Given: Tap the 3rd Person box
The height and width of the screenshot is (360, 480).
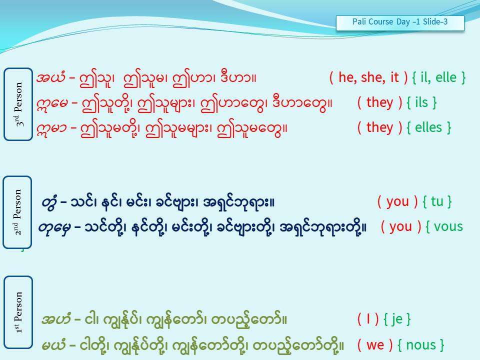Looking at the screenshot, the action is (x=18, y=104).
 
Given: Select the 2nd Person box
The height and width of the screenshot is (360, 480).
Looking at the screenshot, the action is (x=17, y=212).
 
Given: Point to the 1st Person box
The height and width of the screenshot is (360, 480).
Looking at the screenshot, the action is (x=18, y=312).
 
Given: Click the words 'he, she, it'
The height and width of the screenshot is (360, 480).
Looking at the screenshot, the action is (x=368, y=77).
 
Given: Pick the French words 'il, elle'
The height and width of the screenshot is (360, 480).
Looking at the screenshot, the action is (x=438, y=77).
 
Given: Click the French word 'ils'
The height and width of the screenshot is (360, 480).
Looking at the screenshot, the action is (x=421, y=102).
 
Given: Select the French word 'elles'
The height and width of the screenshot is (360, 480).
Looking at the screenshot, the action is (x=428, y=127).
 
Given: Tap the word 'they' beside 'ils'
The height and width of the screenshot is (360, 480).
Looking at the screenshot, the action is (x=379, y=103).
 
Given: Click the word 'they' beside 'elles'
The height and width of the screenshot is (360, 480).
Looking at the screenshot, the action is (x=379, y=128).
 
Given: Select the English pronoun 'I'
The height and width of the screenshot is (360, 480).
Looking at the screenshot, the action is (x=368, y=319).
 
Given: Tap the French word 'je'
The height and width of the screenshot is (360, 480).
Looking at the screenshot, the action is (x=397, y=320).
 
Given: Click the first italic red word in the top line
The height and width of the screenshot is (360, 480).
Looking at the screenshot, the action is (x=50, y=77).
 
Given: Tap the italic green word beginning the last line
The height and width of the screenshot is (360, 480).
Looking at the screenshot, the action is (x=54, y=345).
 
